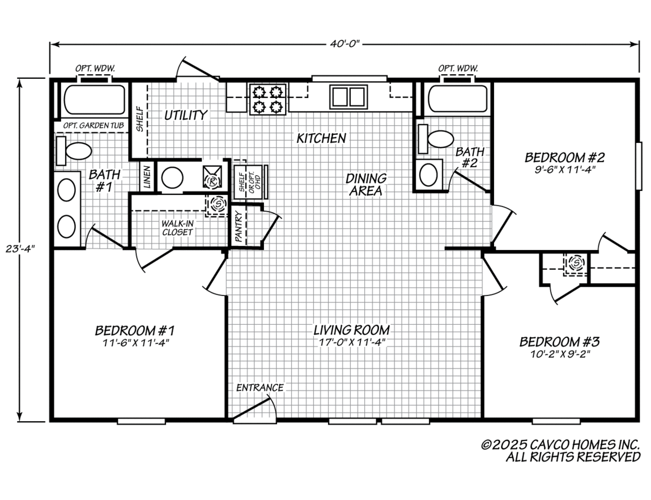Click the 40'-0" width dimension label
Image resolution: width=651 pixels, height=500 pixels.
click(344, 44)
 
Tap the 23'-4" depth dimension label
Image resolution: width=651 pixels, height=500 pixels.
click(20, 249)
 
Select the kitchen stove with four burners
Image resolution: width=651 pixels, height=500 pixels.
click(268, 99)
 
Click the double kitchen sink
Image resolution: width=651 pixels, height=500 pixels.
click(349, 97)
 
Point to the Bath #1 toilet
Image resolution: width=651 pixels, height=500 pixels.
click(74, 151)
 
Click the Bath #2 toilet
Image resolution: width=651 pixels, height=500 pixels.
click(436, 139)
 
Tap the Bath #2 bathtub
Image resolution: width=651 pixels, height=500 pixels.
click(458, 99)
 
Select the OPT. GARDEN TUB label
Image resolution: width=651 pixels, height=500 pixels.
click(93, 125)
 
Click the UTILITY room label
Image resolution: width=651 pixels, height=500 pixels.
click(186, 115)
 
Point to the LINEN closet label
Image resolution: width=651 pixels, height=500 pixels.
click(147, 177)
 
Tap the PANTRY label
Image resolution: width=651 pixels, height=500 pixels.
click(239, 226)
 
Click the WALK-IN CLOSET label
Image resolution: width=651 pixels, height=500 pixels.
click(177, 228)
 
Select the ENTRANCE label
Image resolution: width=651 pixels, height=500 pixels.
click(260, 387)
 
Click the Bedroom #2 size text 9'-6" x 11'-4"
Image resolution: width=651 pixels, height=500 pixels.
click(565, 170)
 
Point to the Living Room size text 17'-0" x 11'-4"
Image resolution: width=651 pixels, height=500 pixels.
click(352, 342)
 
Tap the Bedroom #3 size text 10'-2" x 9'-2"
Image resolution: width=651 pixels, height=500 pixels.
click(560, 354)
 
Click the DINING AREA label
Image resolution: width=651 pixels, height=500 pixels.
click(366, 184)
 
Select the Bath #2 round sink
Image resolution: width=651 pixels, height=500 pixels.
click(428, 175)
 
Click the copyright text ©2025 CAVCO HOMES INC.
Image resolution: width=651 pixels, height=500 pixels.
click(560, 445)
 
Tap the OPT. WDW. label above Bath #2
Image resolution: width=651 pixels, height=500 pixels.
click(458, 68)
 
